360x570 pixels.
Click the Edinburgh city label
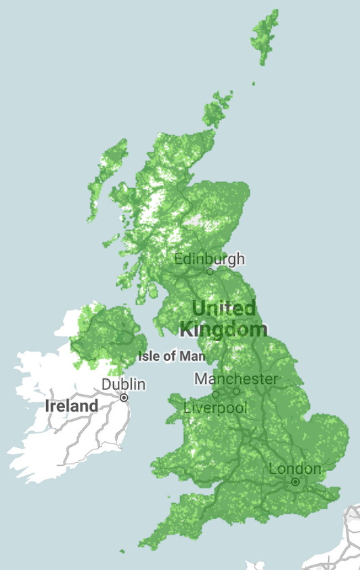click(210, 259)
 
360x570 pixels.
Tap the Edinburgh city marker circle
click(210, 271)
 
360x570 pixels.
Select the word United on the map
click(223, 308)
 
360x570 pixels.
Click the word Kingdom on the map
click(223, 330)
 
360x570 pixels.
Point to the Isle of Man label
click(171, 355)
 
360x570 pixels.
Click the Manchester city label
click(236, 378)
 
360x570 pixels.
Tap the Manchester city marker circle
click(236, 391)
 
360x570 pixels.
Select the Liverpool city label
click(215, 408)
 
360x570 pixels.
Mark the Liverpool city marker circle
click(215, 394)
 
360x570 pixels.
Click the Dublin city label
click(123, 385)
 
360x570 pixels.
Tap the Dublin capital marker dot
click(124, 398)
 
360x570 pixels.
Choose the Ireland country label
click(71, 406)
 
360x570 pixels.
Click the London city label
click(295, 468)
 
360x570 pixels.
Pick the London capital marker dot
click(295, 481)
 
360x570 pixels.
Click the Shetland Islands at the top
click(265, 37)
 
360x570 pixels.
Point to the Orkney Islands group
click(217, 110)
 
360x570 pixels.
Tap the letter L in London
click(273, 468)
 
